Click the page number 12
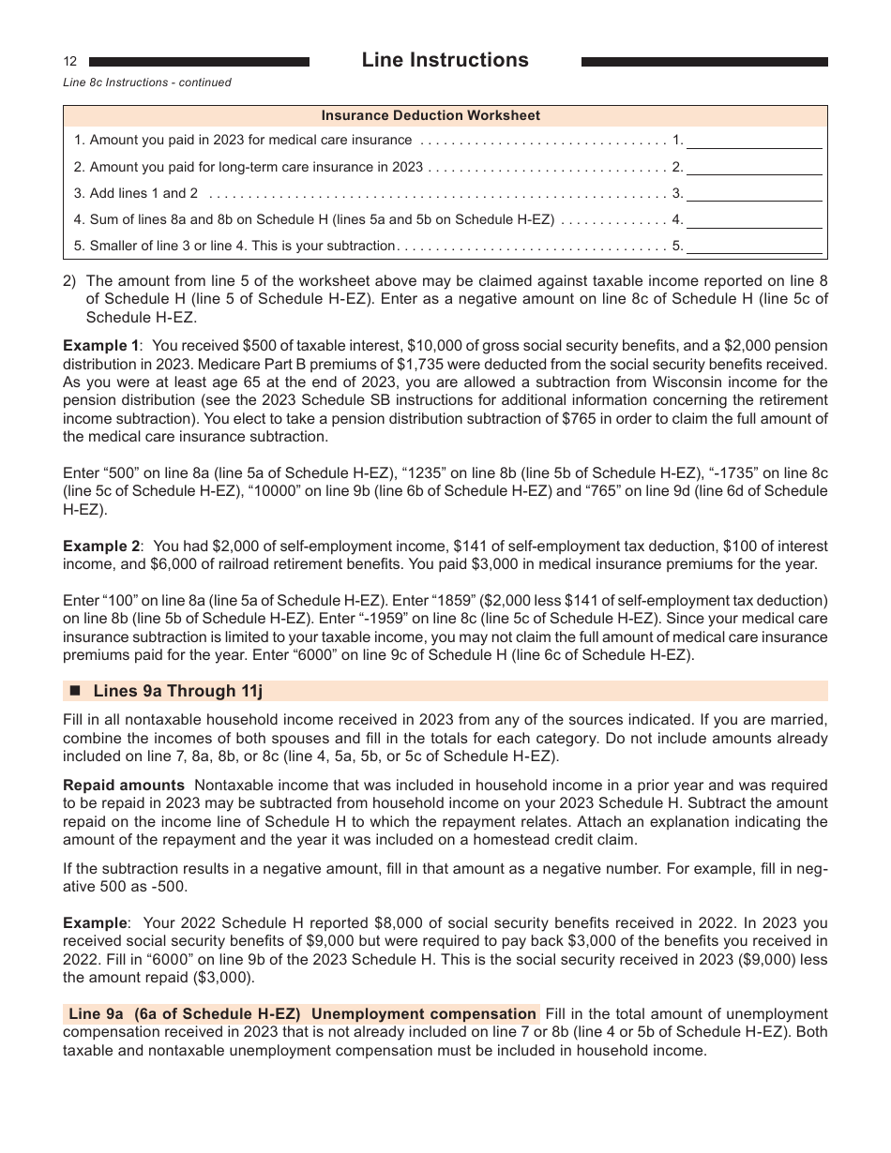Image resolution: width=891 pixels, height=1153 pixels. tap(70, 62)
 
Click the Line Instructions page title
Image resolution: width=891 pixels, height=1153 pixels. tap(445, 60)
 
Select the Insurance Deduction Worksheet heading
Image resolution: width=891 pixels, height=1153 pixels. tap(430, 115)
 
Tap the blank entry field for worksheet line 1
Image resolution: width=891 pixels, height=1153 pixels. tap(754, 141)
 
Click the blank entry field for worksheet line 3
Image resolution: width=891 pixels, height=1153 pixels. tap(754, 194)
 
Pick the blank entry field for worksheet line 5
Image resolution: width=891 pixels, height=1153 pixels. tap(754, 247)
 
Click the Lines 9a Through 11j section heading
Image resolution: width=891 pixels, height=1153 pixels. tap(177, 692)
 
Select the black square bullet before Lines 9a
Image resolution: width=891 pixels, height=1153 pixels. tap(76, 692)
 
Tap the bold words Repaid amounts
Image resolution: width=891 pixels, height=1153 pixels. tap(123, 786)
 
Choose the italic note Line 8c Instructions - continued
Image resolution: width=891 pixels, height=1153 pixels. tap(147, 82)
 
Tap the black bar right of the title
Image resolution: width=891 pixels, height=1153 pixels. tap(704, 62)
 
